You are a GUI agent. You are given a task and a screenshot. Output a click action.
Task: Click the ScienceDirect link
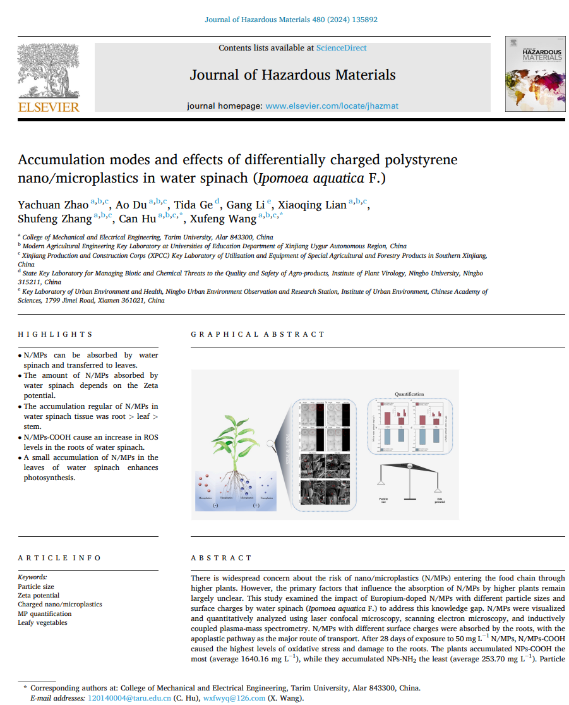point(341,48)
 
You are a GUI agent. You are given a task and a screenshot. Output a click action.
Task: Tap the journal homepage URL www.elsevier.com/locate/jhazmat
point(332,106)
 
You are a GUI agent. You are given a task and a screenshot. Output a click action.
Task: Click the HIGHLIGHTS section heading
point(55,334)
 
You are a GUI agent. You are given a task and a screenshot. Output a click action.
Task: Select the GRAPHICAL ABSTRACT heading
point(258,334)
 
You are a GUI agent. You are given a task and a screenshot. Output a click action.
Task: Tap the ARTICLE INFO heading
point(59,558)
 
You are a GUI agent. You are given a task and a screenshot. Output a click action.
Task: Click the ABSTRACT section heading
point(221,558)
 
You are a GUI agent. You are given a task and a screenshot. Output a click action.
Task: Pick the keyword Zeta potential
point(39,596)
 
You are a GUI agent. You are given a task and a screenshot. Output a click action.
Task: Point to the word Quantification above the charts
point(409,394)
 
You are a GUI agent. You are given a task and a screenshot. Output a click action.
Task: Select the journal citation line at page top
point(291,20)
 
